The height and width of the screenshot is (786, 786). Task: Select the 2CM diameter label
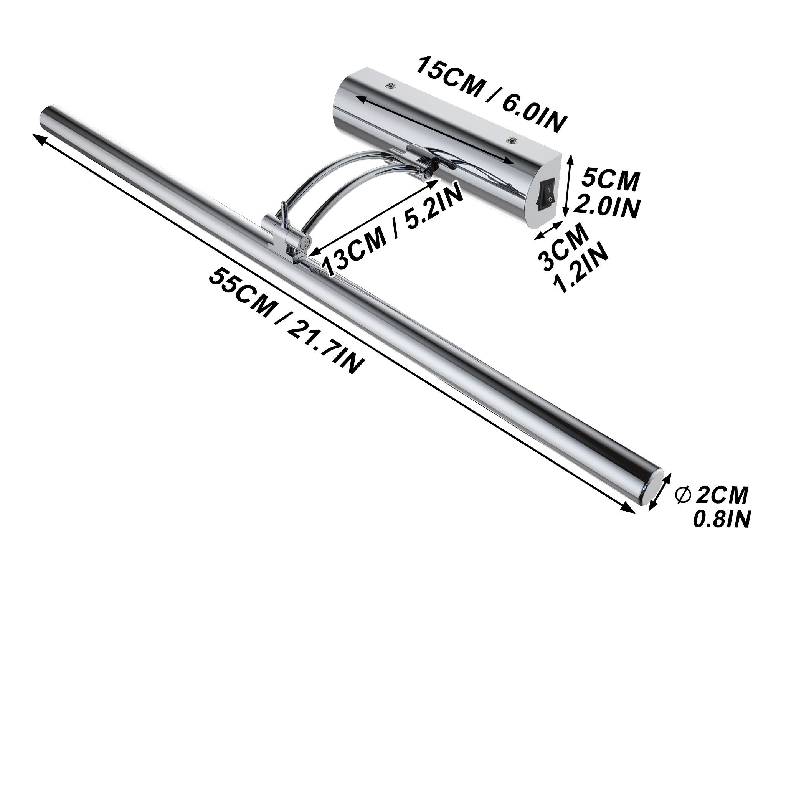pos(722,495)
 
